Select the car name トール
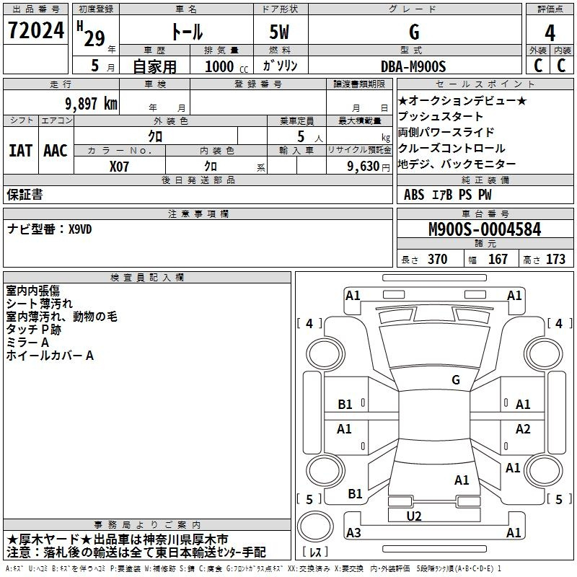(x=186, y=32)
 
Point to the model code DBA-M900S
(x=414, y=66)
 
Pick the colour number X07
(x=120, y=165)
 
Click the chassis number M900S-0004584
(x=485, y=229)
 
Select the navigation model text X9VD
(x=80, y=229)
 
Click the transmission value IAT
(x=20, y=150)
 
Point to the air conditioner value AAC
(x=56, y=150)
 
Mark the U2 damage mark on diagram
(x=414, y=516)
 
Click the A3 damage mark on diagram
(x=353, y=533)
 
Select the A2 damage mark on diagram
(x=523, y=429)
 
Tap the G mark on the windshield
(x=455, y=379)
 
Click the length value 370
(x=437, y=260)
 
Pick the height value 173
(x=555, y=260)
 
